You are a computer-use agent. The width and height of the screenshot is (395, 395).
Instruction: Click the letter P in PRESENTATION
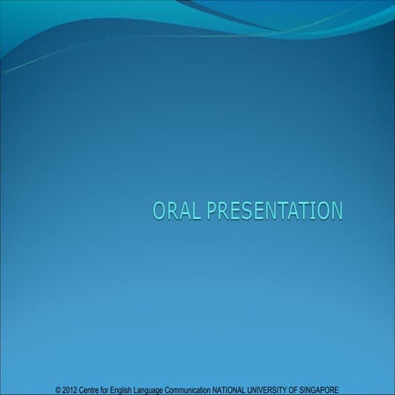[212, 211]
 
